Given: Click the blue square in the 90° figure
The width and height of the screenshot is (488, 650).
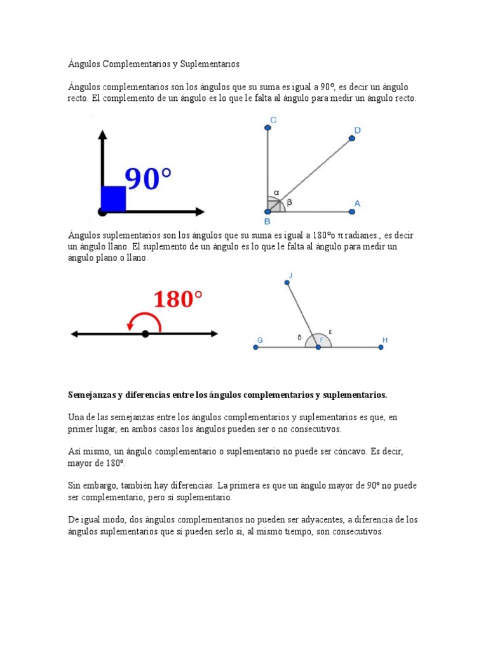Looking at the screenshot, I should [x=113, y=199].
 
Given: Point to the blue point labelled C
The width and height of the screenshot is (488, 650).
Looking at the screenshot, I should [x=268, y=128].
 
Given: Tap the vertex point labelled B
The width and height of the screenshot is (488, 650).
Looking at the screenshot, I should [x=268, y=212].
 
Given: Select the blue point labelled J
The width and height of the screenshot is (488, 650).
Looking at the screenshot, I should [x=287, y=283].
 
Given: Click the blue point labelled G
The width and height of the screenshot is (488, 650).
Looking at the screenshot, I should [x=255, y=347].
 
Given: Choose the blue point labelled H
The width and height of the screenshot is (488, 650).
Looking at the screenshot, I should [x=381, y=347].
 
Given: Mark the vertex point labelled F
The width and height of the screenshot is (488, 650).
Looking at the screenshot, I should [x=318, y=347].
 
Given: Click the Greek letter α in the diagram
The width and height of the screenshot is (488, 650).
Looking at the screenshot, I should [x=276, y=192].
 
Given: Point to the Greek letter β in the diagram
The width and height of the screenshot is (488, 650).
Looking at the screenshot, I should [x=289, y=202].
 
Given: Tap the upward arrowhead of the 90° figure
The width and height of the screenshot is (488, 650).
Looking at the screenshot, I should [x=101, y=135].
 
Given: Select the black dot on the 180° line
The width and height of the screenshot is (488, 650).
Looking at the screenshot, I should [x=146, y=334].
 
